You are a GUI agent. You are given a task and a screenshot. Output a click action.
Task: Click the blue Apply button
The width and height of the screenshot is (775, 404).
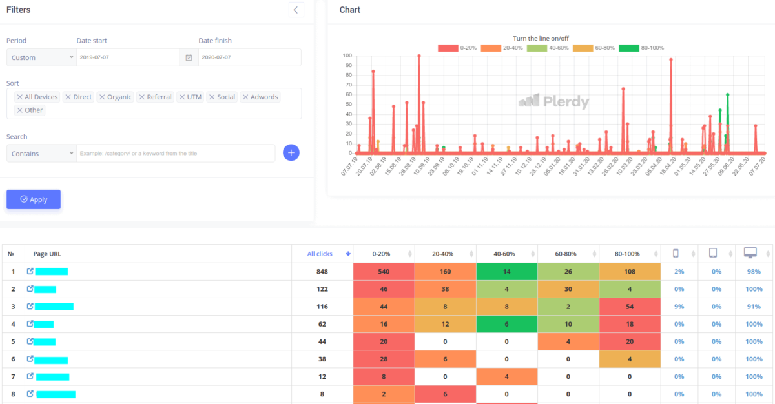(34, 199)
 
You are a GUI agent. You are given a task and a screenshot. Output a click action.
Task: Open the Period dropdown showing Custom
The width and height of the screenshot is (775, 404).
(41, 57)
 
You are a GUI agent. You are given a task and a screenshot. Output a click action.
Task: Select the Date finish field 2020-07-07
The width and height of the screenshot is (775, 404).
(249, 57)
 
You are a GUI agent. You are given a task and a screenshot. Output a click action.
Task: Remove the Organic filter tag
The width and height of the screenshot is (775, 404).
(101, 97)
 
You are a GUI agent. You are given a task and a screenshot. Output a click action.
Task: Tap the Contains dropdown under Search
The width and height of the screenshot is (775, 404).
(41, 154)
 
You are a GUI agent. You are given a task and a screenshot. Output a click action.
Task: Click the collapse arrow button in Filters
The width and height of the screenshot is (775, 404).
(296, 10)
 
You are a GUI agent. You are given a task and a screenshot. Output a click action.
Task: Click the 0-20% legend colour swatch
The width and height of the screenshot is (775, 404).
(448, 48)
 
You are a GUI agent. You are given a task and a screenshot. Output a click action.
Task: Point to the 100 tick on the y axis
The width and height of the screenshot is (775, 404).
(347, 56)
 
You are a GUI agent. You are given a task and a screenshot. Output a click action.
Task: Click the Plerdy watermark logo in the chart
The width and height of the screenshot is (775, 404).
(553, 101)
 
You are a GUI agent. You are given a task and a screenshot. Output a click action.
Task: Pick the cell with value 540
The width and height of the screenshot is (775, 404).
(384, 272)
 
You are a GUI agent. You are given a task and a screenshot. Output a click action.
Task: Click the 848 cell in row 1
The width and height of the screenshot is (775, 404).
(322, 272)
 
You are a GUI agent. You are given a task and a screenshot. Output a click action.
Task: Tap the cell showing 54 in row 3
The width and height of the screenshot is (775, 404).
(629, 307)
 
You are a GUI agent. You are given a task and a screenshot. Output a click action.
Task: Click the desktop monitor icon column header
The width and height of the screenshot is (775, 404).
(750, 253)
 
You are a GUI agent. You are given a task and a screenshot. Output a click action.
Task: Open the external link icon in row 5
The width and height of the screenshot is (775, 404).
(30, 341)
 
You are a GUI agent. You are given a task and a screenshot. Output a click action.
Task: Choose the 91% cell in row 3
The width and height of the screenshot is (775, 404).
(753, 307)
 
